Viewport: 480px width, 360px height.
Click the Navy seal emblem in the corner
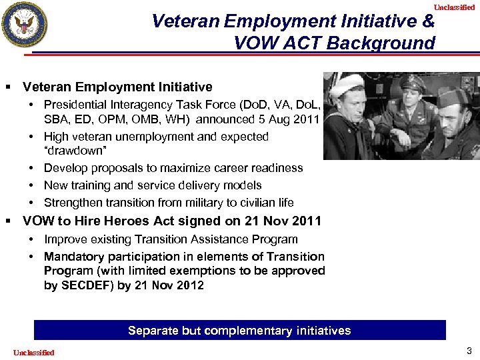[x=25, y=25]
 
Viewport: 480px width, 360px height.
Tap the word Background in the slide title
[x=387, y=44]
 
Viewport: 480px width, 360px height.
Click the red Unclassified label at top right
[x=454, y=7]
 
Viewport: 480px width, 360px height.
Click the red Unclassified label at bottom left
[x=33, y=352]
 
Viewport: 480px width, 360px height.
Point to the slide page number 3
[x=469, y=351]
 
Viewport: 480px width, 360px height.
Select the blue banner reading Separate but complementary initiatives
[x=239, y=331]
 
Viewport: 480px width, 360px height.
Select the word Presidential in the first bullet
[x=75, y=105]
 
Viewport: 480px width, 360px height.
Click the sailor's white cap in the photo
[x=347, y=83]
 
